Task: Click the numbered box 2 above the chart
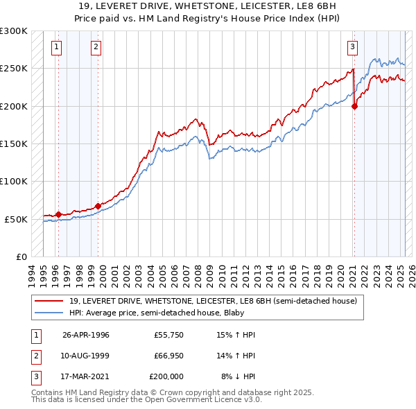[95, 47]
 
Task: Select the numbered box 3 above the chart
[352, 47]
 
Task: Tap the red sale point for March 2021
[354, 106]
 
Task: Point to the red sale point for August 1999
[98, 206]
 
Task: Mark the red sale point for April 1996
[58, 214]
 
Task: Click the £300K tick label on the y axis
[14, 31]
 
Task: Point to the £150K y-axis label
[14, 143]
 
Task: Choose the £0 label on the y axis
[20, 256]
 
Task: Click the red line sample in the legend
[49, 301]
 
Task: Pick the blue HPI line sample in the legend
[49, 313]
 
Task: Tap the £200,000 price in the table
[166, 376]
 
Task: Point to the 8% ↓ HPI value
[238, 376]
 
